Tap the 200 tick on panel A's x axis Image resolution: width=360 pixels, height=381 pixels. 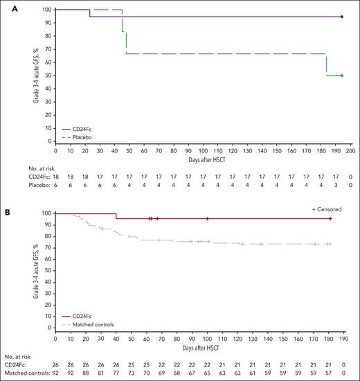point(350,149)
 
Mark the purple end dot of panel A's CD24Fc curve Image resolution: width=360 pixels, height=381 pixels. point(342,17)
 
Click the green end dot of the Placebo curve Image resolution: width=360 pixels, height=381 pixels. point(342,76)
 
